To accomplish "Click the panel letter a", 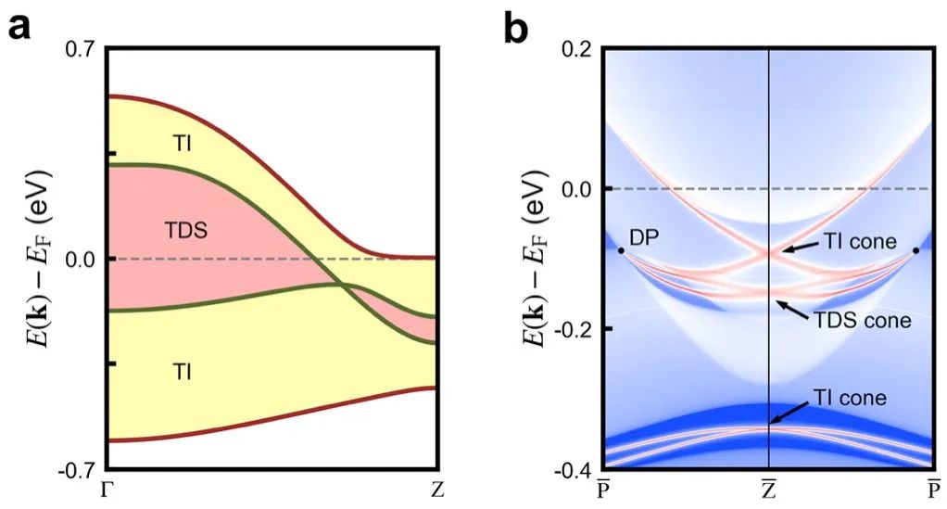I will pyautogui.click(x=21, y=28).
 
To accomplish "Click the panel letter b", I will pyautogui.click(x=515, y=28).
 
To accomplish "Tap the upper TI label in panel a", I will pyautogui.click(x=183, y=143).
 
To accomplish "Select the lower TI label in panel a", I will pyautogui.click(x=183, y=372).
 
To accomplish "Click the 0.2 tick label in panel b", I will pyautogui.click(x=576, y=49).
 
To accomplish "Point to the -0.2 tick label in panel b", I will pyautogui.click(x=573, y=330).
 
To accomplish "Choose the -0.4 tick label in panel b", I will pyautogui.click(x=573, y=471).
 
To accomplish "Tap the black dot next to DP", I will pyautogui.click(x=621, y=250).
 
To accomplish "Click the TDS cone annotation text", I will pyautogui.click(x=862, y=320).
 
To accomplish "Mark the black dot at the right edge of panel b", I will pyautogui.click(x=915, y=250).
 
